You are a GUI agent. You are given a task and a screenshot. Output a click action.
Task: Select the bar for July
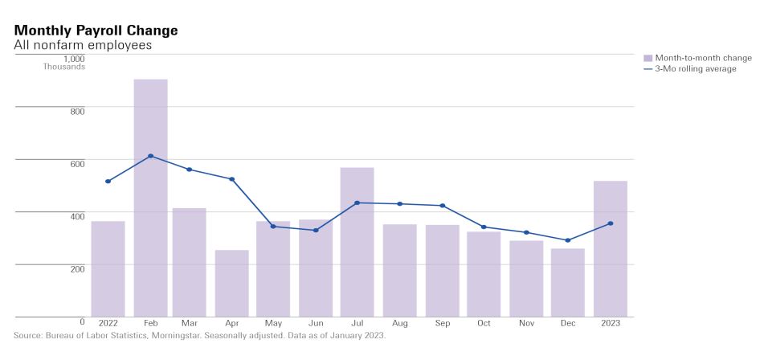(357, 242)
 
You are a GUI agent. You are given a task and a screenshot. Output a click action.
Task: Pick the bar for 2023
(610, 248)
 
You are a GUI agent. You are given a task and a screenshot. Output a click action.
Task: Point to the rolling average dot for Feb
(150, 156)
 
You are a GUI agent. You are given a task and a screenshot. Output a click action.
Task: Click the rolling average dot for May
(273, 227)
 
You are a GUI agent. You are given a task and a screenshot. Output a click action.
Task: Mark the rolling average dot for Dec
(567, 240)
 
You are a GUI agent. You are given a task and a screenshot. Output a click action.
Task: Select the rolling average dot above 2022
(108, 182)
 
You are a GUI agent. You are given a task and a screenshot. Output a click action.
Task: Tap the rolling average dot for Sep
(442, 206)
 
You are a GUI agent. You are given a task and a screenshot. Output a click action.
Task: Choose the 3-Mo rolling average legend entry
(695, 69)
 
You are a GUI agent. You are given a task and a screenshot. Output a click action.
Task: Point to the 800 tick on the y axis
(76, 111)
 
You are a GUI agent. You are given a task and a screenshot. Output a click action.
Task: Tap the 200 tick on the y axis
(76, 268)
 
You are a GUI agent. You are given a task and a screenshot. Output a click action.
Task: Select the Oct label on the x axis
(484, 323)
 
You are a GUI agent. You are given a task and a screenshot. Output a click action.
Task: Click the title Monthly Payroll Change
(96, 30)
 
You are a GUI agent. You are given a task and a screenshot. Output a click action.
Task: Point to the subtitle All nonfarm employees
(83, 45)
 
